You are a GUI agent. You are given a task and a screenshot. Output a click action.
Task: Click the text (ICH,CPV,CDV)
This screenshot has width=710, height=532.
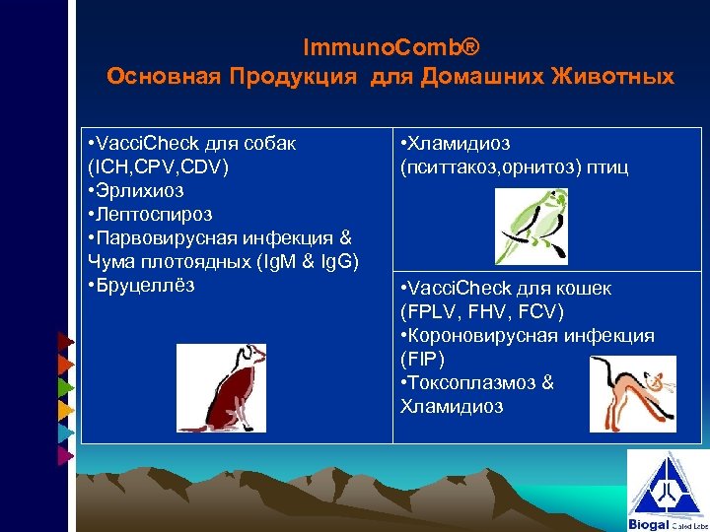coord(158,166)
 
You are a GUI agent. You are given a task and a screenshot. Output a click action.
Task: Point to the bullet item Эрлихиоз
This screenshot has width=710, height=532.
coord(139,190)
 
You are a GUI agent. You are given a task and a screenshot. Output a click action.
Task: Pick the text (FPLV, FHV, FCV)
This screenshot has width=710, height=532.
coord(482,312)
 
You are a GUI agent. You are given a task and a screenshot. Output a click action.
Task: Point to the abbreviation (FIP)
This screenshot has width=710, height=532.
coord(423,360)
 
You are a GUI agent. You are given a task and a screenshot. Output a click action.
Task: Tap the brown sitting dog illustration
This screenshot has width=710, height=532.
coord(222,388)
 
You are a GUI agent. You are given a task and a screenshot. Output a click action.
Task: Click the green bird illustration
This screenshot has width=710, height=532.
coord(532,226)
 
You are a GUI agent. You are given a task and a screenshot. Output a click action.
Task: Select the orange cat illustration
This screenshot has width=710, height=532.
coord(633,394)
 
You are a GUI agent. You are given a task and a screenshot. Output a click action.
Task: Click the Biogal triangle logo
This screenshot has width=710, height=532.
coord(667,490)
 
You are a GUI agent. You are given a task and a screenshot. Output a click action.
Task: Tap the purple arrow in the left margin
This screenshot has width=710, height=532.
coord(64,455)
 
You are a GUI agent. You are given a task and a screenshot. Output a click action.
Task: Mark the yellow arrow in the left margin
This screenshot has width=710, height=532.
coord(64,409)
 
